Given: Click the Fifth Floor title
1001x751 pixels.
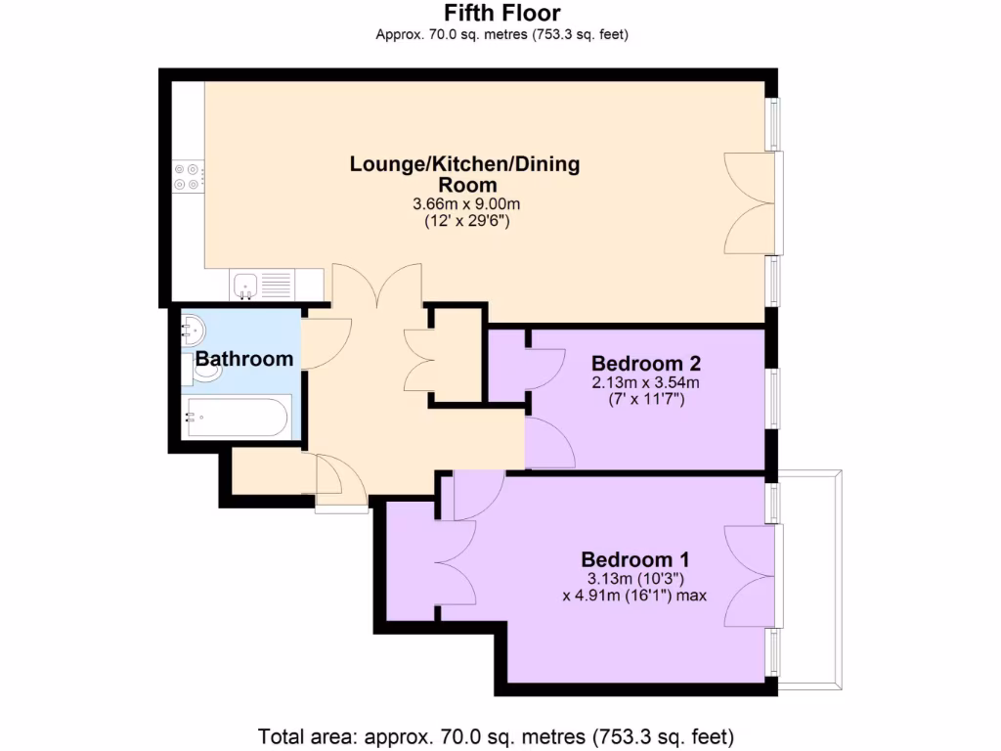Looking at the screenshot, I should point(501,14).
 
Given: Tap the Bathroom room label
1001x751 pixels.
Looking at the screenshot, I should point(244,359).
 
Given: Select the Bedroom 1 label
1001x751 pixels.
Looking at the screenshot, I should point(635,560).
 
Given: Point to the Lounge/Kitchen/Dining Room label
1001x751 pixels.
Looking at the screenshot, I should point(465,174).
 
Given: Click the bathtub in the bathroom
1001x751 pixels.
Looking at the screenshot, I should point(238,419).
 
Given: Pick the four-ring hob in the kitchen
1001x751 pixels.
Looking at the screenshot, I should point(187,176).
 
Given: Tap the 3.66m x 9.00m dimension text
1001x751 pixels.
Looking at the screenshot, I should point(466,204).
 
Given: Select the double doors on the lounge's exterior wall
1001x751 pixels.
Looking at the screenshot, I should point(748,203).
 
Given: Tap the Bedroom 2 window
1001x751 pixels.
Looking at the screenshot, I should point(773,398).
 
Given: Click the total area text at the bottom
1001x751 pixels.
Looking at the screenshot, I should point(496,735).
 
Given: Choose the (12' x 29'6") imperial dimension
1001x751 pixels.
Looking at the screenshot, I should point(466,221).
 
